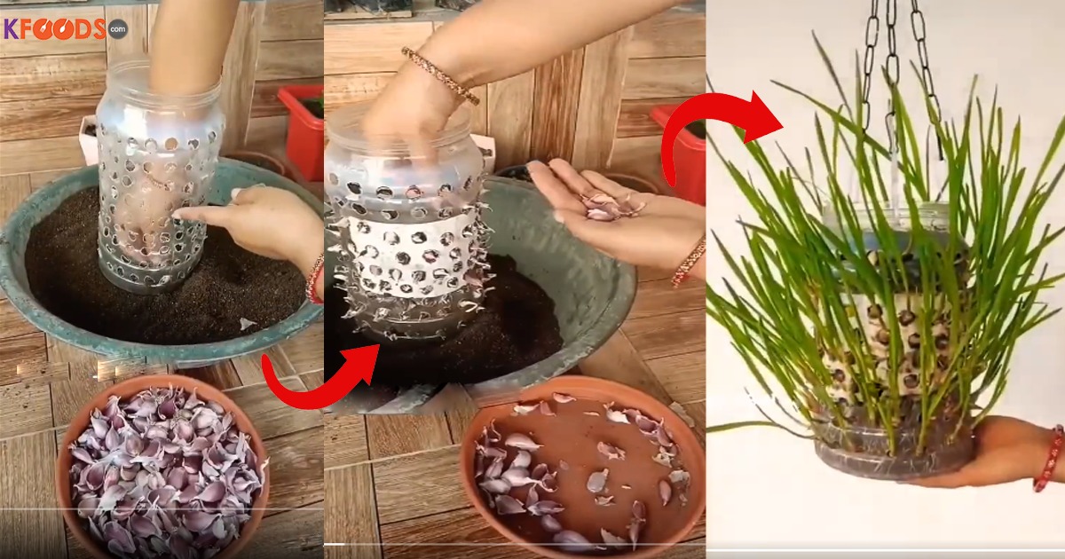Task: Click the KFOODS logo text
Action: coord(55,29)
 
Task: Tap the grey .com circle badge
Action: coord(118,29)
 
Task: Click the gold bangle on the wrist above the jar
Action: coord(440,76)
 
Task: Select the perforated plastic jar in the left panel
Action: coord(157,176)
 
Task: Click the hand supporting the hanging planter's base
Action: coord(989,452)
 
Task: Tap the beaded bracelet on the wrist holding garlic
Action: coord(689,263)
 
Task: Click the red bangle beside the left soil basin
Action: coord(315,280)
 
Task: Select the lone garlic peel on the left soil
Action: coord(247,324)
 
